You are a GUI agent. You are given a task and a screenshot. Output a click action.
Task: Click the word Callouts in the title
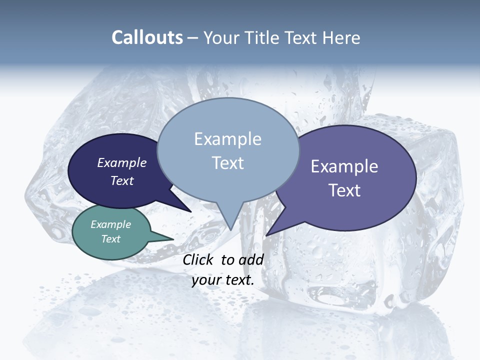pos(147,37)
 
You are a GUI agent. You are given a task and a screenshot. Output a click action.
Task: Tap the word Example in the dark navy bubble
pos(122,162)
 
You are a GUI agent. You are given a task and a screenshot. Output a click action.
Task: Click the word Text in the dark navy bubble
pos(122,180)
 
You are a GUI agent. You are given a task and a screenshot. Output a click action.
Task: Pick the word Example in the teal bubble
pos(111,224)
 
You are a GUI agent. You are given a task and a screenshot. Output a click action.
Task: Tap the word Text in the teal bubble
pos(111,239)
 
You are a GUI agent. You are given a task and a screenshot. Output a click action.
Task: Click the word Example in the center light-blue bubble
pos(228,138)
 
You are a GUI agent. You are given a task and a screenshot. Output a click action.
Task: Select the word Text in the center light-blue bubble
pos(228,163)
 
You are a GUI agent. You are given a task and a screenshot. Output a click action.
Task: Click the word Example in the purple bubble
pos(344,166)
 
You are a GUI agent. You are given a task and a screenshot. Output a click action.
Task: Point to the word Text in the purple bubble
pos(344,190)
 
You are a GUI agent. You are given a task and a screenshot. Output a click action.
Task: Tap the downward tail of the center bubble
pos(230,225)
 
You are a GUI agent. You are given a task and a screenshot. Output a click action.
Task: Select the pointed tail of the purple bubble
pos(270,232)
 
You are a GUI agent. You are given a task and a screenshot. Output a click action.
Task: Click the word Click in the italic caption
pos(198,259)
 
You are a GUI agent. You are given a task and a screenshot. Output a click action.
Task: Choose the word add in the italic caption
pos(251,259)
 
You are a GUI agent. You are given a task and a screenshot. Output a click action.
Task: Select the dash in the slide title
pos(193,38)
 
